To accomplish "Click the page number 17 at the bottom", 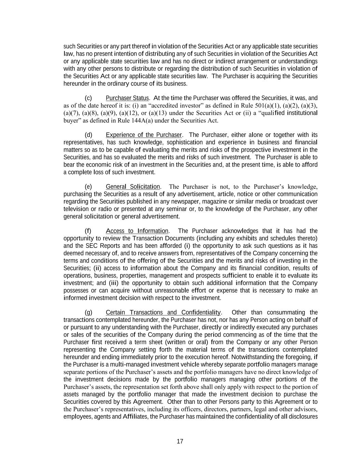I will click(x=180, y=441).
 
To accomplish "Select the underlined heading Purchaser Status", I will click(x=127, y=98).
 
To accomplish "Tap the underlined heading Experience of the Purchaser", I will click(x=144, y=135).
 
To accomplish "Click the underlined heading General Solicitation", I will click(x=133, y=187).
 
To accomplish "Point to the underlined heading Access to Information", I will click(x=137, y=231).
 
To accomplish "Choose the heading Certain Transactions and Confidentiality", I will click(x=163, y=312).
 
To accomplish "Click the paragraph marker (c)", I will click(x=88, y=98).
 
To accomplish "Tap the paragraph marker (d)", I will click(x=88, y=135).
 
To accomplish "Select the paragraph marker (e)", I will click(x=88, y=187).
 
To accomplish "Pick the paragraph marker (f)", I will click(x=88, y=231).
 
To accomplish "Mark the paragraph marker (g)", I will click(x=88, y=312).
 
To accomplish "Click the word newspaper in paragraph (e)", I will click(x=177, y=201).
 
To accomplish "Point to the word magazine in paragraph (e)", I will click(x=206, y=201).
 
